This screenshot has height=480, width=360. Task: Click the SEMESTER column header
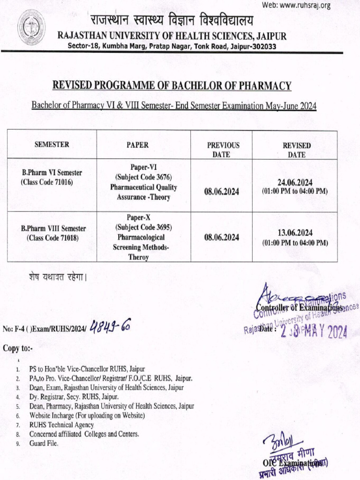pos(52,145)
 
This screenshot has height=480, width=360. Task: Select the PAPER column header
pos(137,145)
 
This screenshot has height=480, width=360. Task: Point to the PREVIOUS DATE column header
pos(223,150)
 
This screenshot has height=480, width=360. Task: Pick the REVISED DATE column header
pos(296,150)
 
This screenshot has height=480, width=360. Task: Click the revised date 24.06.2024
pos(295,183)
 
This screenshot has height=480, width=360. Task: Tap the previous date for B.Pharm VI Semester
pos(222,191)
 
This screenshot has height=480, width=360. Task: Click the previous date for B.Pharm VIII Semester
pos(222,238)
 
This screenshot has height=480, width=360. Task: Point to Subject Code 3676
pos(143,177)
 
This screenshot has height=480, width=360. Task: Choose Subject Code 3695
pos(143,228)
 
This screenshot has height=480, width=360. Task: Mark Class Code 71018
pos(52,238)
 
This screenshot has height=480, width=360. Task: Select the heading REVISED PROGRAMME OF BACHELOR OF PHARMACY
pos(172,86)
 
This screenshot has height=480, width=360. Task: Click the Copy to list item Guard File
pos(44,443)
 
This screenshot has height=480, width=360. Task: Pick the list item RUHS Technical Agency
pos(61,425)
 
